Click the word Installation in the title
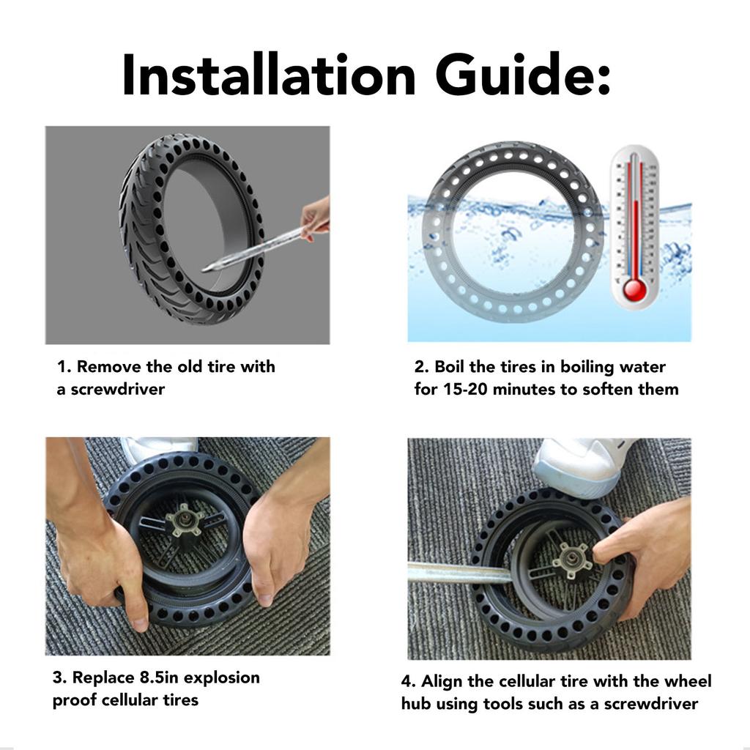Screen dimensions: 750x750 [269, 75]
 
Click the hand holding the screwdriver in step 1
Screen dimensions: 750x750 [316, 218]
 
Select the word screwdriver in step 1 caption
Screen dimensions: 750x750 [117, 389]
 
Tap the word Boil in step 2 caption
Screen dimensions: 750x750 [449, 366]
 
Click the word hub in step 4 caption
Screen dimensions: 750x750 [416, 704]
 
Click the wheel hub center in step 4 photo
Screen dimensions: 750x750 [571, 557]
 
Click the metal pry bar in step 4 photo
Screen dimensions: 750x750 [460, 573]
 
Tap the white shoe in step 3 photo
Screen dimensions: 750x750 [158, 450]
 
